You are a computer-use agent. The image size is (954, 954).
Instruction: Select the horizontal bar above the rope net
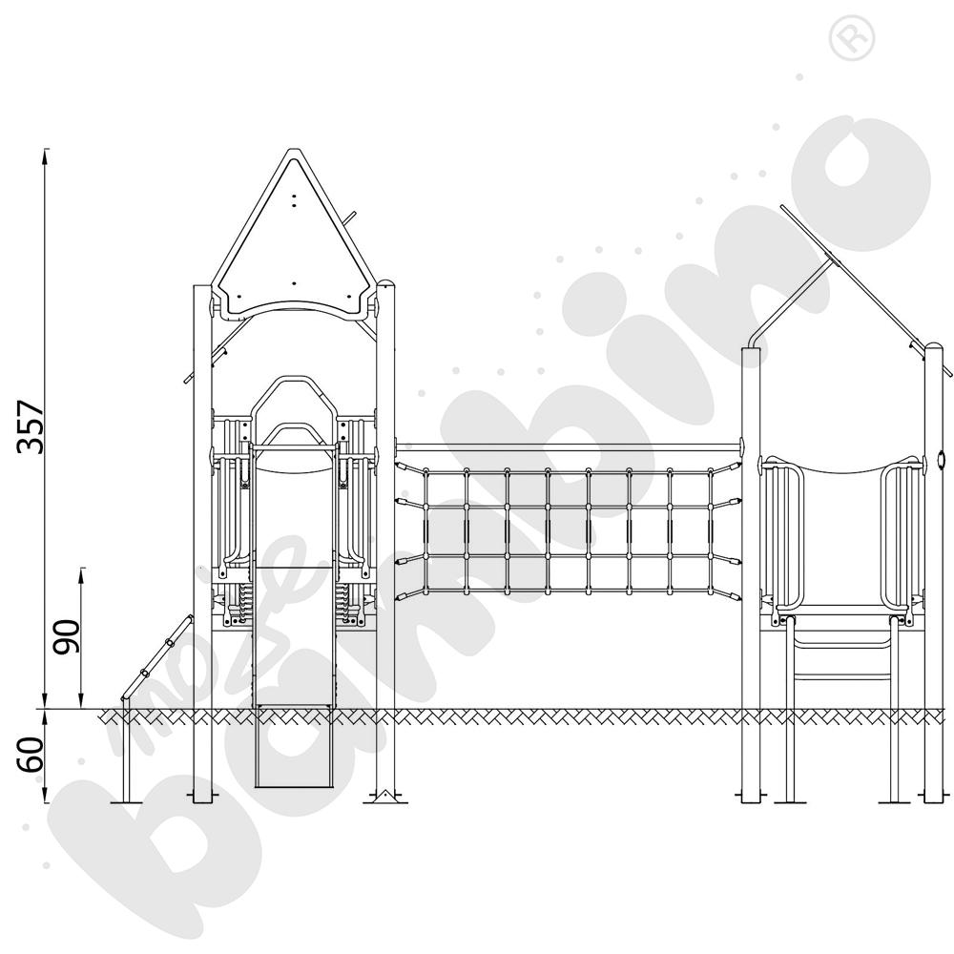pyautogui.click(x=568, y=446)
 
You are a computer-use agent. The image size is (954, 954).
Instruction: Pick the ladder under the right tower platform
pyautogui.click(x=843, y=658)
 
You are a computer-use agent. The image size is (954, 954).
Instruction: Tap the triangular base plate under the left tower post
pyautogui.click(x=384, y=794)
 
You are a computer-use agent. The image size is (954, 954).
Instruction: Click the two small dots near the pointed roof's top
pyautogui.click(x=295, y=199)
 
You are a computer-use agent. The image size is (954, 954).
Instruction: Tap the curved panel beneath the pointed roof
pyautogui.click(x=295, y=307)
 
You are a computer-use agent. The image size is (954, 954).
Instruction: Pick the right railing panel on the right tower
pyautogui.click(x=902, y=534)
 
